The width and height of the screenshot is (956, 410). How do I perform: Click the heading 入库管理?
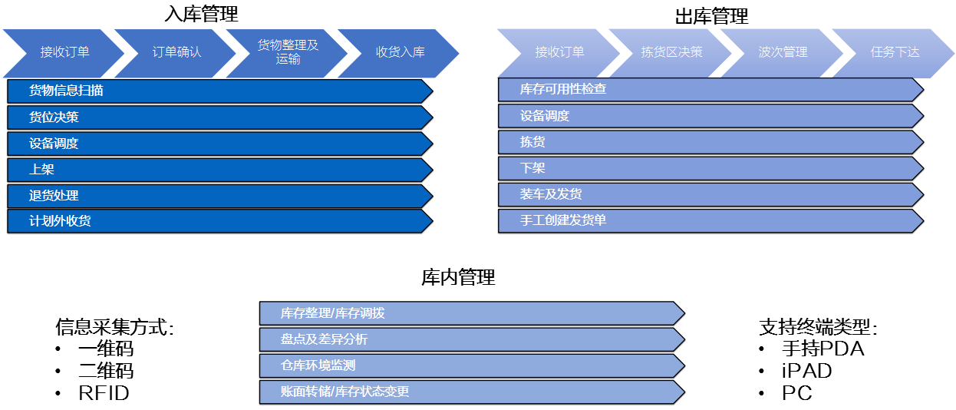coord(201,14)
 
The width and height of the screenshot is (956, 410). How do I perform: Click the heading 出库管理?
coord(711,16)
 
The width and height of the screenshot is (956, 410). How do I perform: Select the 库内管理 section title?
coord(458,277)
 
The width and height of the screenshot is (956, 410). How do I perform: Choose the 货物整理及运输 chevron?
coord(288,53)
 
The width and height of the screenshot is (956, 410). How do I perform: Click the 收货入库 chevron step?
coord(399,53)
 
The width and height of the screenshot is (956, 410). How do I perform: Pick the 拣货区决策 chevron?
coord(671,53)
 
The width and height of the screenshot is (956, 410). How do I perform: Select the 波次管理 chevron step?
coord(783,53)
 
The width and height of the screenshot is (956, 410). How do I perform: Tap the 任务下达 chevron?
coord(894,53)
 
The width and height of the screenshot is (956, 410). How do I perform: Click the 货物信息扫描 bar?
coord(220,91)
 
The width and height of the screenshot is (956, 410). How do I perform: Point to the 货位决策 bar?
coord(220,117)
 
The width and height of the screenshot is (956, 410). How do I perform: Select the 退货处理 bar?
coord(220,196)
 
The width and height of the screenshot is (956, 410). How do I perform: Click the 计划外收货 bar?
coord(220,221)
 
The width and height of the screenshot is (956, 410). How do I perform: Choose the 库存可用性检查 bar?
coord(711,90)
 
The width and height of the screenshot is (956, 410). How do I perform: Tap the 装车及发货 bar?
coord(711,195)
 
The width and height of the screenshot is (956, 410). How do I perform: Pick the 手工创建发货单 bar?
coord(711,221)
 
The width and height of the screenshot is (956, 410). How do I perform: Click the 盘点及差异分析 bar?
coord(472,340)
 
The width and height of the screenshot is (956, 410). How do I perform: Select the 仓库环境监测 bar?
coord(472,366)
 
